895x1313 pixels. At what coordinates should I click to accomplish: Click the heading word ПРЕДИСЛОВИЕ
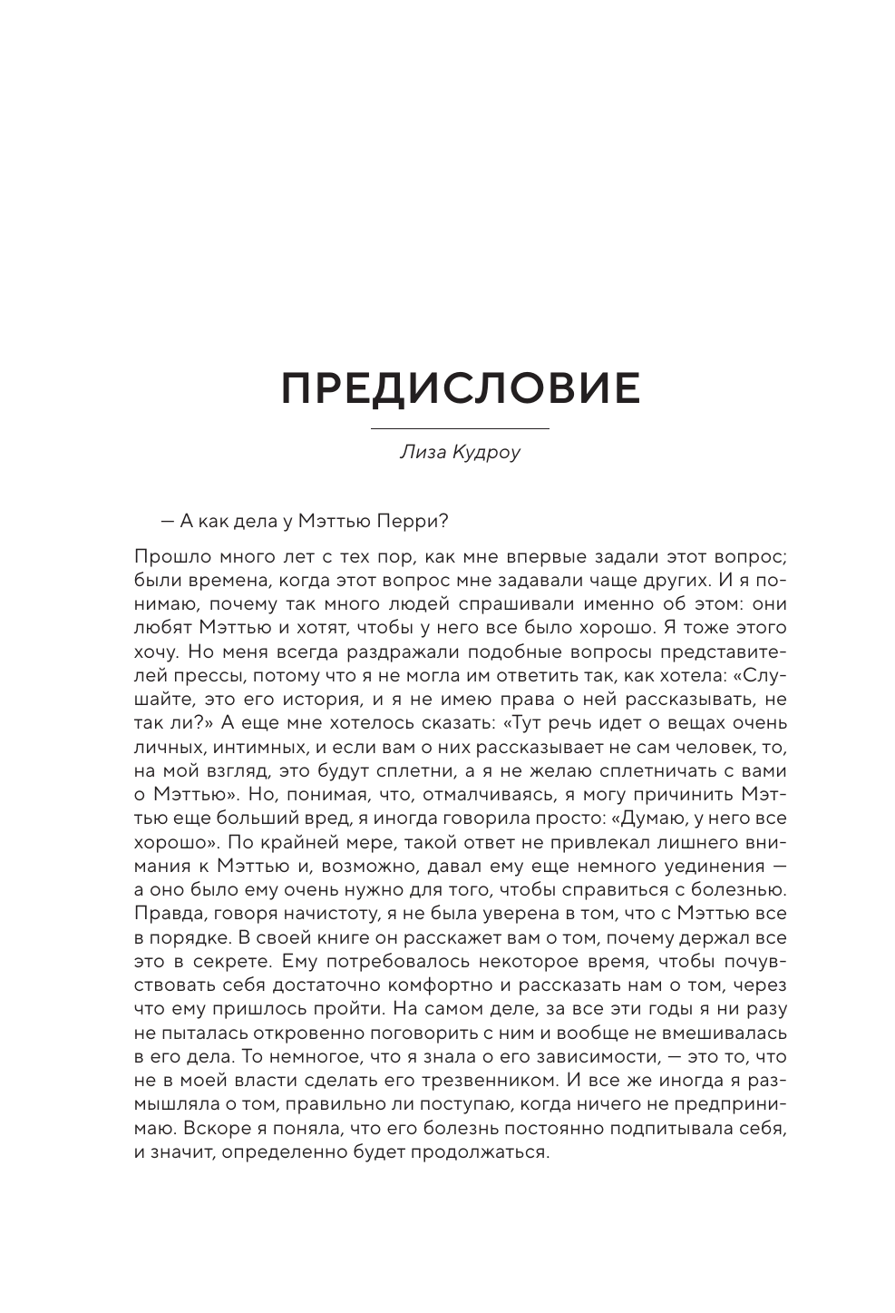(461, 388)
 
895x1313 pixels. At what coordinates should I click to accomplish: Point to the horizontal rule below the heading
(461, 427)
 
